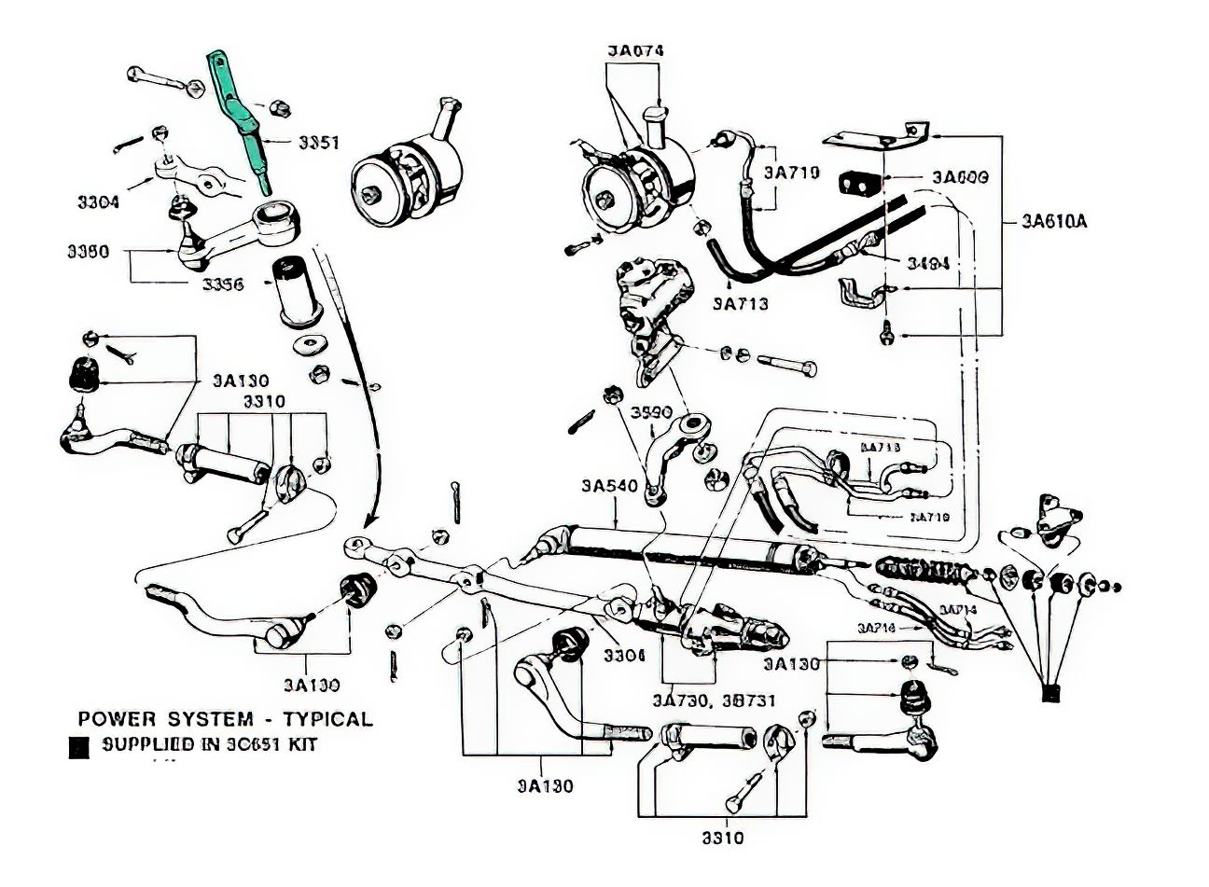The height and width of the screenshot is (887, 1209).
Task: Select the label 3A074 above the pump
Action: [x=635, y=50]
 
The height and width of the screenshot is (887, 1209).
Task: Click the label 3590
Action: [x=651, y=412]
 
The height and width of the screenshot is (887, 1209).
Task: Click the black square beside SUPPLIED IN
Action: [x=79, y=746]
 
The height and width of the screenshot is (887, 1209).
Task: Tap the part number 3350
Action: [x=89, y=252]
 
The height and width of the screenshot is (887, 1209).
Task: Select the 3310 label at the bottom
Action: [x=724, y=838]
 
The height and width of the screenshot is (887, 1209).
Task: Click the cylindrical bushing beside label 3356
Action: [x=294, y=289]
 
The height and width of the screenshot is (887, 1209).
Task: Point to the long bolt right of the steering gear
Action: [x=787, y=361]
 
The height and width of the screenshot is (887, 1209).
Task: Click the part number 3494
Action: [x=927, y=264]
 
